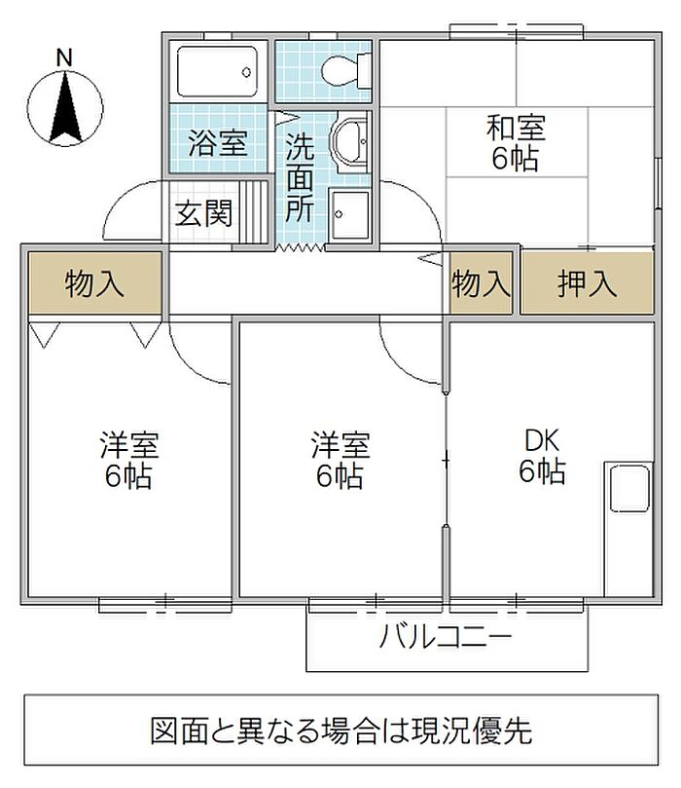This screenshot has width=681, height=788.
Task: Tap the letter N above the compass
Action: pyautogui.click(x=64, y=57)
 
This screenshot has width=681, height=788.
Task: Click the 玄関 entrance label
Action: pyautogui.click(x=203, y=213)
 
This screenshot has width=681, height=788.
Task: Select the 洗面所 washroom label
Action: pyautogui.click(x=299, y=180)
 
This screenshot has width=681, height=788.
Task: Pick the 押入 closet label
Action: pyautogui.click(x=587, y=284)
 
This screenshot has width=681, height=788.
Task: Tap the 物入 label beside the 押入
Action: pyautogui.click(x=481, y=284)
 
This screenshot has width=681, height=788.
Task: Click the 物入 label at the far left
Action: pyautogui.click(x=94, y=284)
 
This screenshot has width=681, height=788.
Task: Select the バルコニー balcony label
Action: pyautogui.click(x=446, y=639)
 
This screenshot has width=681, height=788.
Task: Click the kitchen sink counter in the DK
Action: pyautogui.click(x=628, y=526)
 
